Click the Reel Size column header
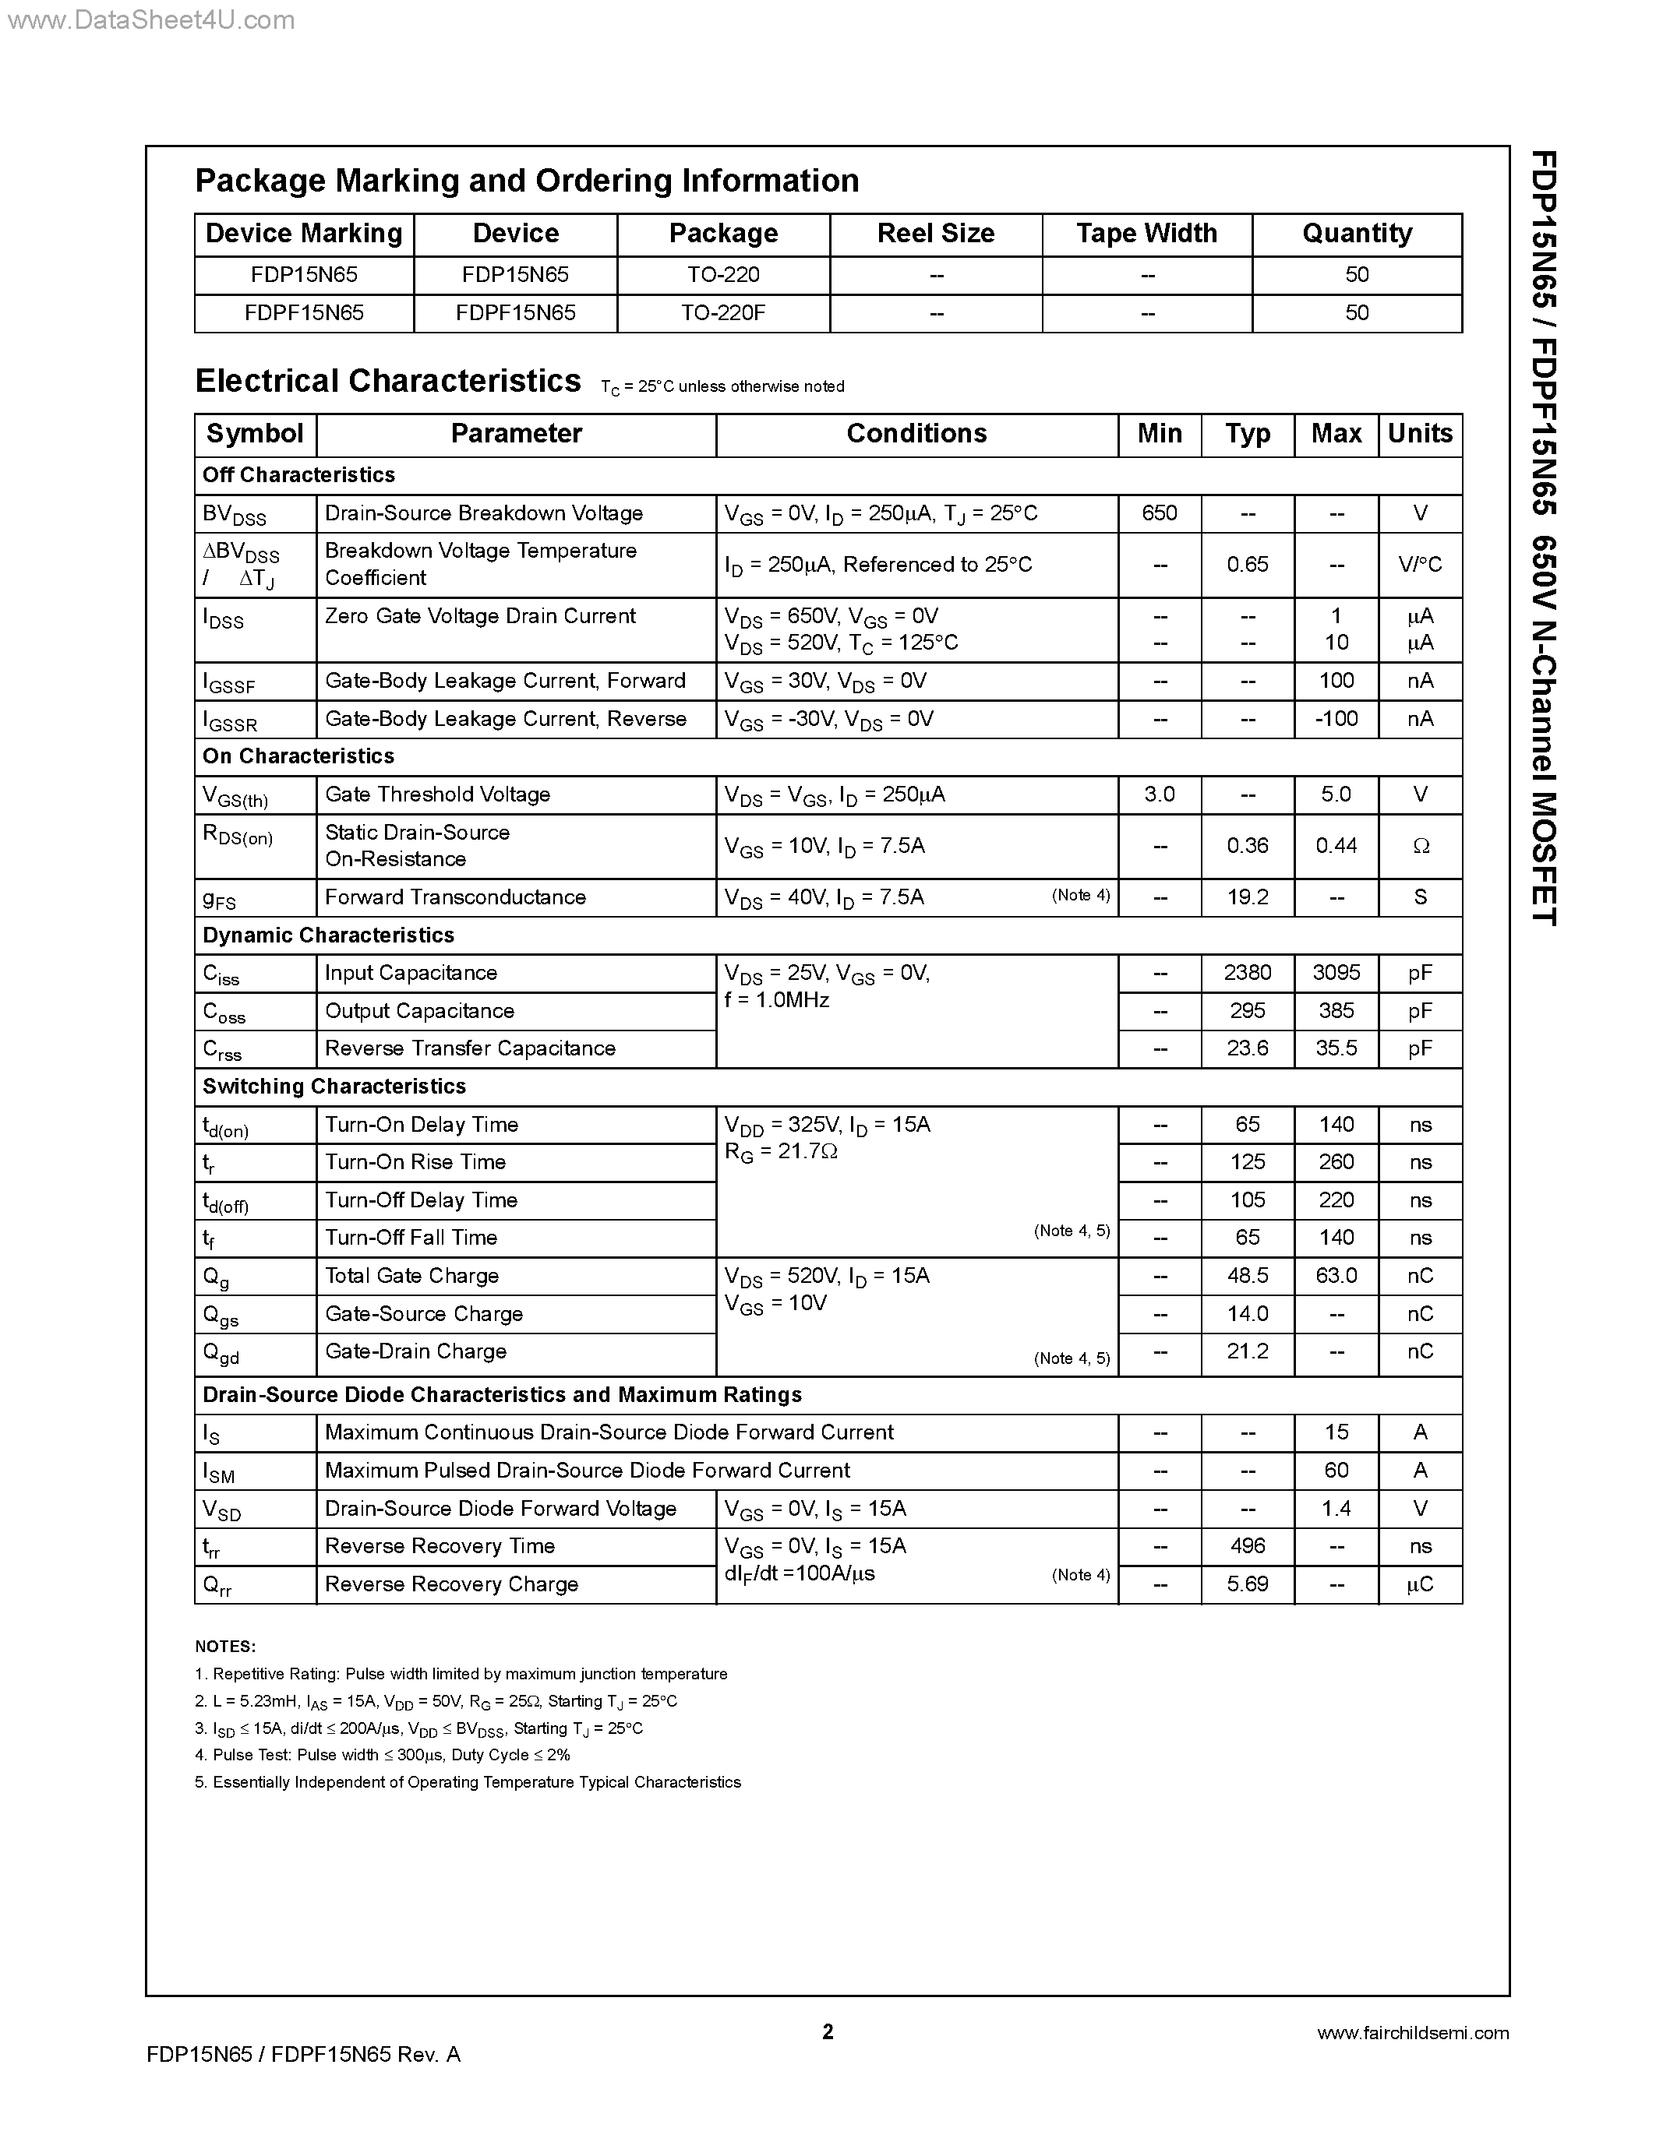coord(935,234)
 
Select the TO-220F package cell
coord(723,313)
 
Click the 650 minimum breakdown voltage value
coord(1159,513)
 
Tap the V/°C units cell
coord(1420,564)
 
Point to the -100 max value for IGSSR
coord(1336,719)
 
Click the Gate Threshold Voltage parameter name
coord(436,794)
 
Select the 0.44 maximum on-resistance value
coord(1336,845)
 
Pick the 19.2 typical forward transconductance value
coord(1247,897)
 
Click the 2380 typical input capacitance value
coord(1247,973)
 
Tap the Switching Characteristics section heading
coord(334,1087)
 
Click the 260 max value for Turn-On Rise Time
coord(1336,1162)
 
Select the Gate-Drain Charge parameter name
coord(415,1351)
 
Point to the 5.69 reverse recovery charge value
coord(1247,1584)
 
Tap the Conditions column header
coord(916,434)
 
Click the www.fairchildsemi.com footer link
coord(1412,2033)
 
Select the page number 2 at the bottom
coord(827,2031)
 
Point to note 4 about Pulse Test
coord(383,1755)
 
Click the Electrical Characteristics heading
coord(387,381)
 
